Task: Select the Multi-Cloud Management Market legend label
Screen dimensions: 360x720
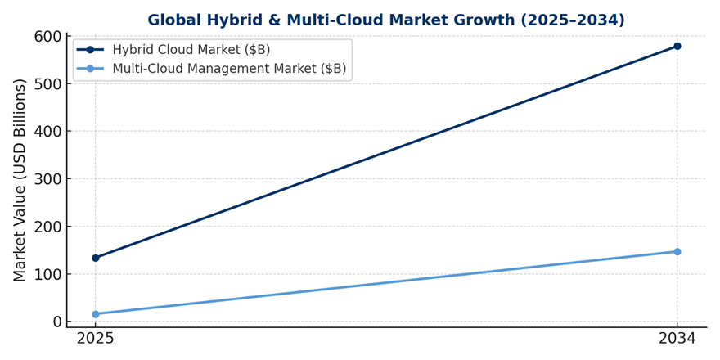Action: tap(229, 69)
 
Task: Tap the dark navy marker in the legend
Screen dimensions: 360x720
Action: tap(91, 50)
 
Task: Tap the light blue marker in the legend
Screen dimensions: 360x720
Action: tap(91, 69)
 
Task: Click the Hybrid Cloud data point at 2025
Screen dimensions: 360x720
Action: tap(96, 258)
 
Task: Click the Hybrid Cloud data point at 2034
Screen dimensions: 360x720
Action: tap(677, 47)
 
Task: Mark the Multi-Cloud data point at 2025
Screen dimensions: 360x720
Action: tap(96, 314)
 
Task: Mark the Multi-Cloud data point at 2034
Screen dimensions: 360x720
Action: tap(677, 252)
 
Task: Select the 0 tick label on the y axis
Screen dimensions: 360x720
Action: tap(57, 322)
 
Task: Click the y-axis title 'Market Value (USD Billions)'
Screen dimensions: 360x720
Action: tap(20, 180)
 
